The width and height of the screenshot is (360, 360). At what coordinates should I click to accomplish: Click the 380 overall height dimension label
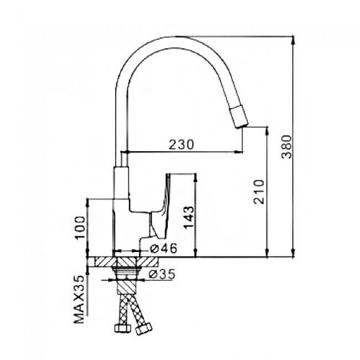tap(286, 147)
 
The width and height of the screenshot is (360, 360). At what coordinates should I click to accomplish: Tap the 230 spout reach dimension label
tap(181, 145)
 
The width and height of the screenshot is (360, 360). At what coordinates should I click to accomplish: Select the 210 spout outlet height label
tap(259, 192)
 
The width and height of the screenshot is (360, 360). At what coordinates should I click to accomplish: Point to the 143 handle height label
tap(189, 217)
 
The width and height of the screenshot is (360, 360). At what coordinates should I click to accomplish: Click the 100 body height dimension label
tap(80, 228)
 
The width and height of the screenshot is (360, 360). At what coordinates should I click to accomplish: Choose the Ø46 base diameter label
tap(163, 248)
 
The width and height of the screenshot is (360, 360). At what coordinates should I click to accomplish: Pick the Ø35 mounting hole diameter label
tap(162, 274)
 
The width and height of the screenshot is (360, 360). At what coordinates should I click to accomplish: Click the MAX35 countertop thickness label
tap(79, 300)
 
